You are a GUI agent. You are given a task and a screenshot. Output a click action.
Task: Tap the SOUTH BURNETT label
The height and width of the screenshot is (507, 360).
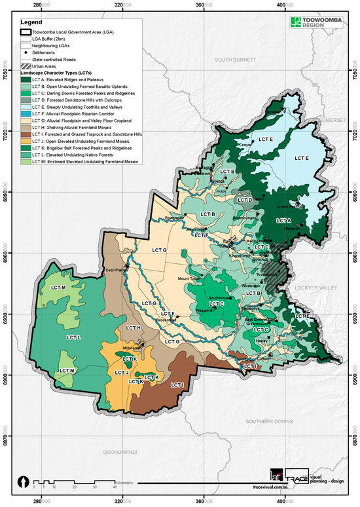[x=225, y=60]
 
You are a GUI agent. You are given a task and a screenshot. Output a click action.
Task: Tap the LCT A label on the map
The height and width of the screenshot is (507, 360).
[x=284, y=221]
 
